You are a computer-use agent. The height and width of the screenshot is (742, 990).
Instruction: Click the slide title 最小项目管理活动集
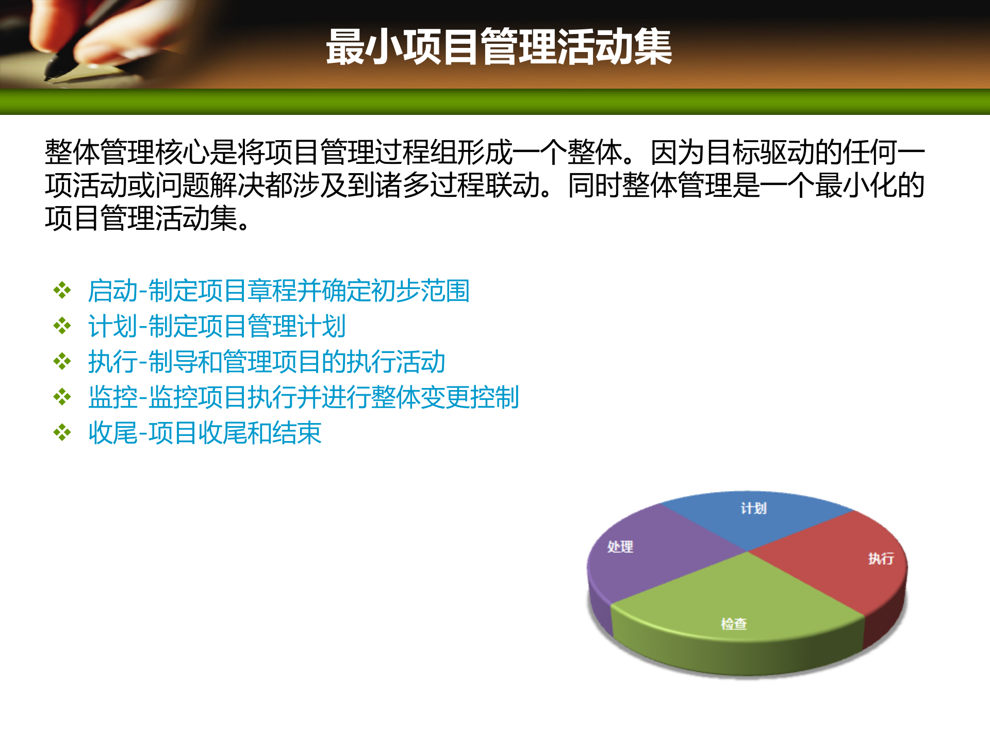(499, 47)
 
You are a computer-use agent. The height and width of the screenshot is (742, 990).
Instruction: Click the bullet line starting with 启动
(278, 291)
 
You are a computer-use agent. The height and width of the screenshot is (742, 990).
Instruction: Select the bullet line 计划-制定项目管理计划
(217, 326)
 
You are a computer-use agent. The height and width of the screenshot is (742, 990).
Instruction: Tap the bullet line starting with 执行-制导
(266, 362)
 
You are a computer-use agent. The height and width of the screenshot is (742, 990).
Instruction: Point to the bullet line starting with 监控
(303, 397)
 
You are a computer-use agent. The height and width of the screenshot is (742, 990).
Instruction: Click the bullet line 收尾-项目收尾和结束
(205, 433)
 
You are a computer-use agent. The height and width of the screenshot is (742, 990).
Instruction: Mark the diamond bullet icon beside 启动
(62, 291)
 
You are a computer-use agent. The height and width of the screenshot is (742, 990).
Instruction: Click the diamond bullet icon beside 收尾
(62, 433)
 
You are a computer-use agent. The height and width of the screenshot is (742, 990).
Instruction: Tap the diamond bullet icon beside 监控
(62, 397)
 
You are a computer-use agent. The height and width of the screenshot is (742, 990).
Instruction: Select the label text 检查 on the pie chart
(734, 624)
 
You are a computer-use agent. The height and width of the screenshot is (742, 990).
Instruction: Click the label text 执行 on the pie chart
(881, 559)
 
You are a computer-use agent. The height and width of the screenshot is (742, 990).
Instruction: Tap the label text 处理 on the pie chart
(620, 547)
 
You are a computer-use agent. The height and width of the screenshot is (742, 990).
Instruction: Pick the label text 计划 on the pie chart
(754, 509)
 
